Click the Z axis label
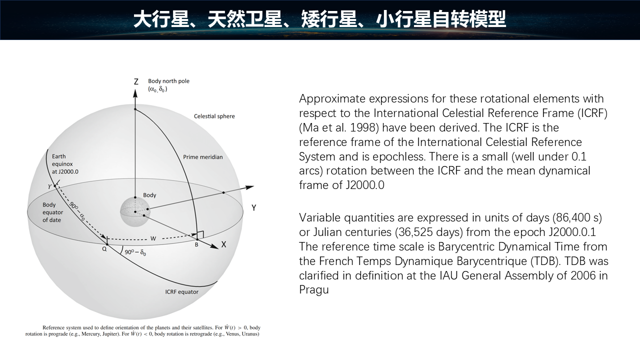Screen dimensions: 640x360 pos(136,81)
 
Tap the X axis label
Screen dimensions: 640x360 pos(223,244)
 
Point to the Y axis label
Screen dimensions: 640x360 pos(253,207)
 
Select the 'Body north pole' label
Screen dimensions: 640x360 pos(168,81)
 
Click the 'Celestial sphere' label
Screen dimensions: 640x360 pos(214,116)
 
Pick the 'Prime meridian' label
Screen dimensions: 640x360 pos(203,157)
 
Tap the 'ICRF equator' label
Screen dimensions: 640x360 pos(181,292)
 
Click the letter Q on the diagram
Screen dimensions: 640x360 pos(104,249)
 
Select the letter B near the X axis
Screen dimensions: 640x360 pos(196,245)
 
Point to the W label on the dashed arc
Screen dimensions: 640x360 pos(153,238)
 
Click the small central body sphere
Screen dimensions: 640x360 pos(135,211)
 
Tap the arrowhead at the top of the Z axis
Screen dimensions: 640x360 pos(135,93)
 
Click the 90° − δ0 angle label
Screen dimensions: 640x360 pos(135,252)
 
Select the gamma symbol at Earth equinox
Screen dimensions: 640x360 pos(50,186)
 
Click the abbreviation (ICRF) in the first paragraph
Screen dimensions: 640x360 pos(592,113)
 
